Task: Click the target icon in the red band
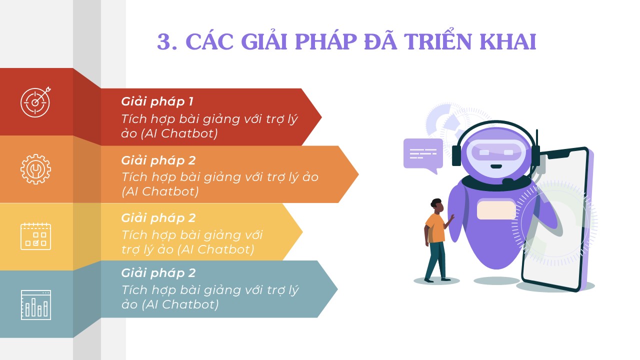tap(35, 102)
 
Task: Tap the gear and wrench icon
tap(35, 169)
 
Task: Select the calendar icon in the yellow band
tap(35, 236)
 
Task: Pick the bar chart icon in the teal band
tap(36, 305)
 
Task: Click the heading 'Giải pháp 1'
tap(157, 102)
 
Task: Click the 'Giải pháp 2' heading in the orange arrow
tap(158, 161)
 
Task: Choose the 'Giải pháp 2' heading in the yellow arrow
tap(158, 218)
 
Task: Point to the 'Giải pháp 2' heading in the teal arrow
tap(158, 273)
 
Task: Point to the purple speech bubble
tap(423, 155)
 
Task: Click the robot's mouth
tap(496, 166)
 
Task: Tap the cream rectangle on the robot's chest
tap(496, 210)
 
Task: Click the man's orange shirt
tap(435, 228)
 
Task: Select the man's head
tap(437, 206)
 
